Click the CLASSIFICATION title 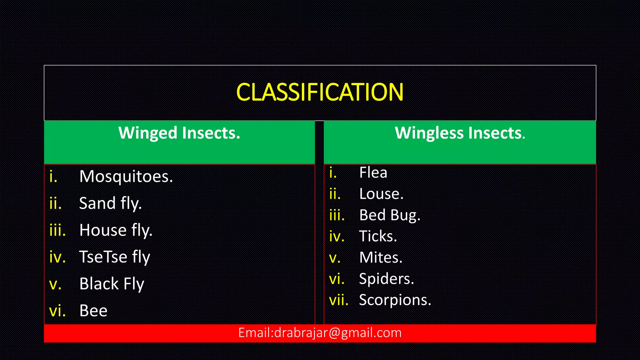pyautogui.click(x=320, y=92)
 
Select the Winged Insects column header pyautogui.click(x=179, y=133)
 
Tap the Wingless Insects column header pyautogui.click(x=460, y=133)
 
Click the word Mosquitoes pyautogui.click(x=126, y=177)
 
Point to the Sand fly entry pyautogui.click(x=110, y=203)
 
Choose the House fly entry pyautogui.click(x=116, y=230)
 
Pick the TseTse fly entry pyautogui.click(x=115, y=257)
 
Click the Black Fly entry pyautogui.click(x=112, y=284)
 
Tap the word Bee pyautogui.click(x=93, y=311)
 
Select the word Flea pyautogui.click(x=373, y=172)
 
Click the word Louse pyautogui.click(x=381, y=194)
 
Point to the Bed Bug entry pyautogui.click(x=390, y=215)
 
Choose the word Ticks pyautogui.click(x=378, y=237)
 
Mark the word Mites pyautogui.click(x=381, y=258)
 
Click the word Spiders pyautogui.click(x=386, y=279)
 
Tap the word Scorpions pyautogui.click(x=395, y=300)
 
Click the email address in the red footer pyautogui.click(x=320, y=333)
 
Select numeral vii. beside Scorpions pyautogui.click(x=339, y=300)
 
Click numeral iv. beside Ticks pyautogui.click(x=337, y=237)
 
